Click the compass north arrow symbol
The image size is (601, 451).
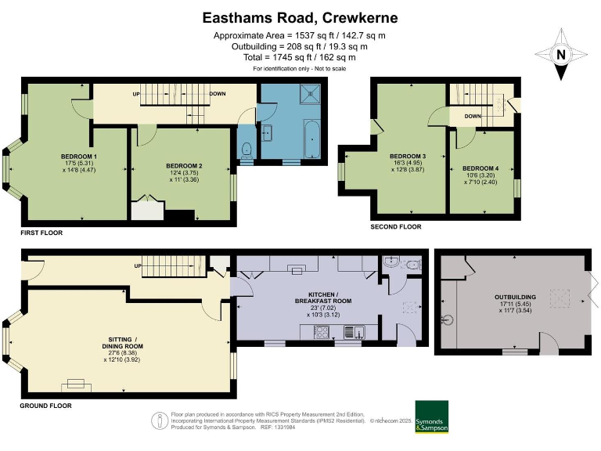tap(560, 55)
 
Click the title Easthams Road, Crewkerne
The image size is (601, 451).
tap(300, 17)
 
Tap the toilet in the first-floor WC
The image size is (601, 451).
tap(246, 148)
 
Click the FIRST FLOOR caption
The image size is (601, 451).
tap(41, 233)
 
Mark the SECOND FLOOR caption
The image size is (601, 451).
tap(396, 226)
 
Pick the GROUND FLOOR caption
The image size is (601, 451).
tap(45, 406)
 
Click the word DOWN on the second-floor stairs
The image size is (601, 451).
tap(472, 116)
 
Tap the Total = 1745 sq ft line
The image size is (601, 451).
tap(300, 58)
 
